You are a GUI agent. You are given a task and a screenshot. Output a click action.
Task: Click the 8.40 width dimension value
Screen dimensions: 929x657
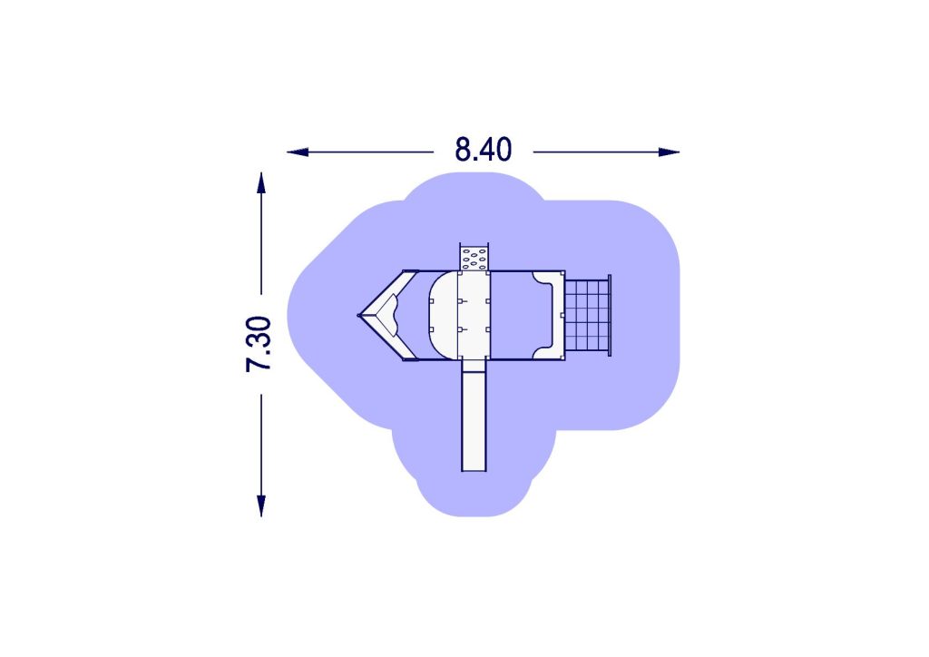[483, 150]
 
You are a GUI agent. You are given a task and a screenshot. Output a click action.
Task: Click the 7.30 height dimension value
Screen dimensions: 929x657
[259, 344]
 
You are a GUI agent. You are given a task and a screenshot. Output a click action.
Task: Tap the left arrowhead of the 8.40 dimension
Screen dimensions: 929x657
[298, 152]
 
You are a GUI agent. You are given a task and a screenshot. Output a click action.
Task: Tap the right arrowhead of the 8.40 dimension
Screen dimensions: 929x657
[669, 152]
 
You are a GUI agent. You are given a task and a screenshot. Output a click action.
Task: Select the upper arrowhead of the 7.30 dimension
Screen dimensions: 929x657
[261, 182]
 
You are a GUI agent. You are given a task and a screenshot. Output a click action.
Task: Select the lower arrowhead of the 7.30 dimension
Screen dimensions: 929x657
[261, 506]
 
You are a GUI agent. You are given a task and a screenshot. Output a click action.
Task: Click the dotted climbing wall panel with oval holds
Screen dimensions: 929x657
[474, 257]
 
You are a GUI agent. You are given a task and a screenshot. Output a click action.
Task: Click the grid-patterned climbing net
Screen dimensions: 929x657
[587, 315]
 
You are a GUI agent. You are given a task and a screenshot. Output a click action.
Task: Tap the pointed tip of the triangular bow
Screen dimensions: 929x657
[358, 315]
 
